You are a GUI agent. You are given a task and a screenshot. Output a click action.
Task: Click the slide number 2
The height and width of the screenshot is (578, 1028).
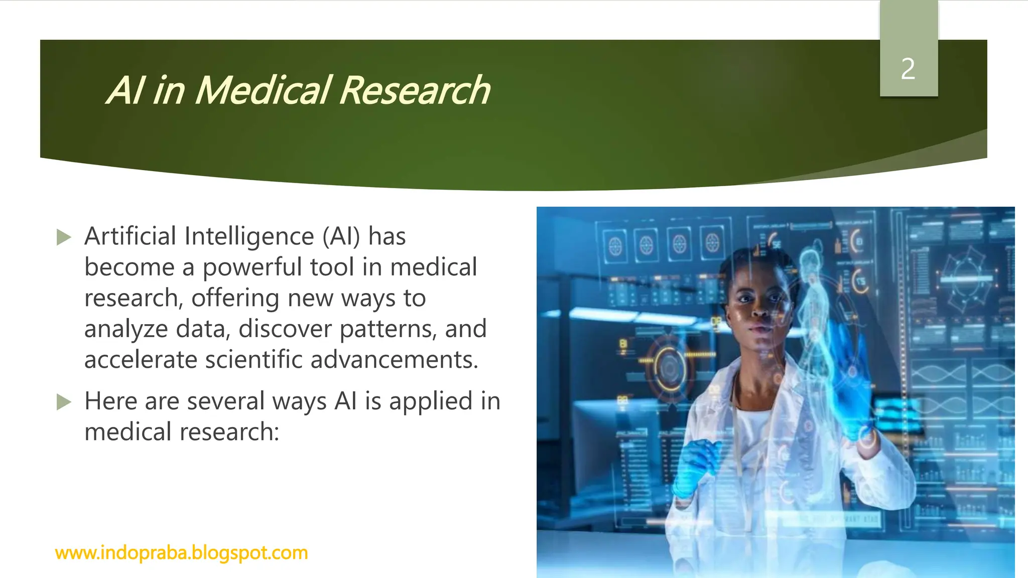908,69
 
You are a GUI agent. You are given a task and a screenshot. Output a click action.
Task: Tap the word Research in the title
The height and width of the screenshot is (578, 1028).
415,91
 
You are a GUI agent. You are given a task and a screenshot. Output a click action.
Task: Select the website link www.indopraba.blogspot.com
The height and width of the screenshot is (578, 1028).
181,553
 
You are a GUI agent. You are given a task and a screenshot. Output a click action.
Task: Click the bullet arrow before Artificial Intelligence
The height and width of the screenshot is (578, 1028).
64,237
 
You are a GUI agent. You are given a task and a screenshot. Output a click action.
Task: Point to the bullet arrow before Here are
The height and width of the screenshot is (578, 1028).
64,402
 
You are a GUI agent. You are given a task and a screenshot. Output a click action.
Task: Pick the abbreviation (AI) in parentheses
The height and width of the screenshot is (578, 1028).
341,236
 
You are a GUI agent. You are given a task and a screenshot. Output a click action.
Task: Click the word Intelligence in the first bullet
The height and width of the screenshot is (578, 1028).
249,236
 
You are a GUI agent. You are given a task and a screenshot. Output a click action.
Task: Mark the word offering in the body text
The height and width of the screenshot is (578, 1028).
235,299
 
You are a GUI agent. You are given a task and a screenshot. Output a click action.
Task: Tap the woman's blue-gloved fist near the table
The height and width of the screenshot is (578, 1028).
695,467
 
